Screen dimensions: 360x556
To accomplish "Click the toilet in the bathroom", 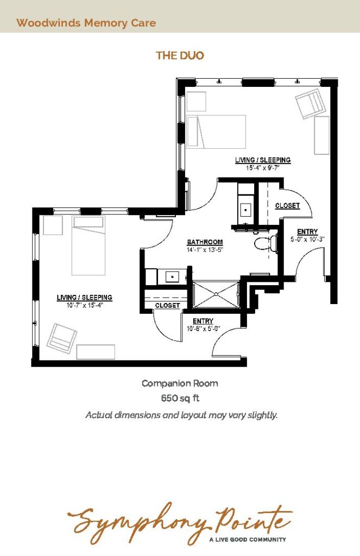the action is tap(266, 243).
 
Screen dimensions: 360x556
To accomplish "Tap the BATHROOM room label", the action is tap(205, 242).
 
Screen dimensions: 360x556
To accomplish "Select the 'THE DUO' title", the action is tap(180, 55).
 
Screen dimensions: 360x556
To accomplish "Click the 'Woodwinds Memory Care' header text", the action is tap(86, 23).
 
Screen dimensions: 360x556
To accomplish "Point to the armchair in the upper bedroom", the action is tap(311, 105).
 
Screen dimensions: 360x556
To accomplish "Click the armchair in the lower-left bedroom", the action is tap(62, 338).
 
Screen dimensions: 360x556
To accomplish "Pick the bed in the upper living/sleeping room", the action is tap(216, 131).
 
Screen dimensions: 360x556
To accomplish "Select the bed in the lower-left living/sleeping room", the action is tap(89, 245).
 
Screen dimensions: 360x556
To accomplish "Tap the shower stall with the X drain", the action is tap(216, 294).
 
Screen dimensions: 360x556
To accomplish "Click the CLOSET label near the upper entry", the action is tap(287, 206).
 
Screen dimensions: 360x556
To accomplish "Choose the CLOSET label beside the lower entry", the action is tap(167, 305).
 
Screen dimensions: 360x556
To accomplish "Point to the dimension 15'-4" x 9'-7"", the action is tap(263, 168).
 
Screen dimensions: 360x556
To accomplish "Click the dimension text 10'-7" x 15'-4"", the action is tap(84, 305).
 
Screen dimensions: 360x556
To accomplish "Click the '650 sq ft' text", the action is tap(180, 398).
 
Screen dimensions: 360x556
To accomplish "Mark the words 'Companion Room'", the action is tap(180, 383).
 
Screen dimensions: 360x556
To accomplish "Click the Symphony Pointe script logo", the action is tap(180, 522).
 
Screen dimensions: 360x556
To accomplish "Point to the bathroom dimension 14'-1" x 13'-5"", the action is tap(205, 250).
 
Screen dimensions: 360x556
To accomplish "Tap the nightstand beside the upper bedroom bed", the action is tap(196, 102).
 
